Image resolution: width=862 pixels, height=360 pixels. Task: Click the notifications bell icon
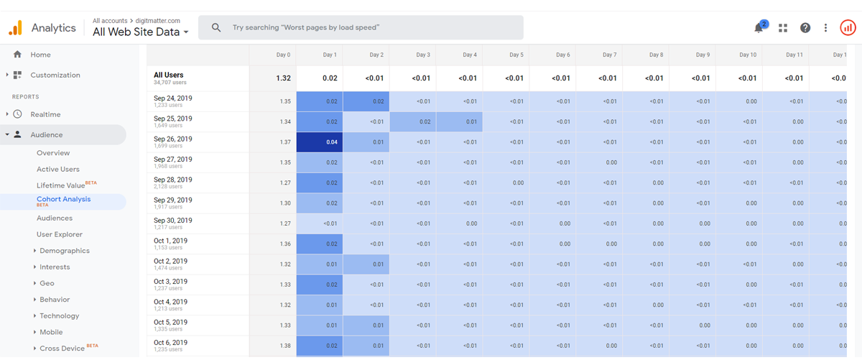pos(759,28)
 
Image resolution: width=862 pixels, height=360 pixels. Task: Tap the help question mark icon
pos(805,28)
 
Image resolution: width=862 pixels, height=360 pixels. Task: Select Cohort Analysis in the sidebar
pos(63,200)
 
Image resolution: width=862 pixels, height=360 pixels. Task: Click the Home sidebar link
pos(40,55)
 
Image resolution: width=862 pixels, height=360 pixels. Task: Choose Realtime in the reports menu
pos(45,114)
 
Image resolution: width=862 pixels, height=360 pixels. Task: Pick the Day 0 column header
pos(284,55)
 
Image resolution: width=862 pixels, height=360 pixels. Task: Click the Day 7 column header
pos(609,55)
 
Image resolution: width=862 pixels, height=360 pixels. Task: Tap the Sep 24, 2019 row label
pos(173,98)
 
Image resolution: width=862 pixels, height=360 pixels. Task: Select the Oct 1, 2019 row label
pos(170,241)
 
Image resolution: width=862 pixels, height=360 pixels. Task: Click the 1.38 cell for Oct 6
pos(285,346)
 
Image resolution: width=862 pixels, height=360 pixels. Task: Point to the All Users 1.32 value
pos(283,78)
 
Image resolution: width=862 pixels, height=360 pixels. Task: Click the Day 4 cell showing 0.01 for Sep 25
pos(471,122)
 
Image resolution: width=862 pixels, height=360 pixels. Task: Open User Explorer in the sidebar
pos(60,234)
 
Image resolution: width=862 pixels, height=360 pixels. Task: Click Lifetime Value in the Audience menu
pos(60,185)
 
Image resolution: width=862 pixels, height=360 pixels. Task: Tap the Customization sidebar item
pos(55,75)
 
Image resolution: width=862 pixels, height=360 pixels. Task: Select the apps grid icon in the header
pos(783,28)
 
